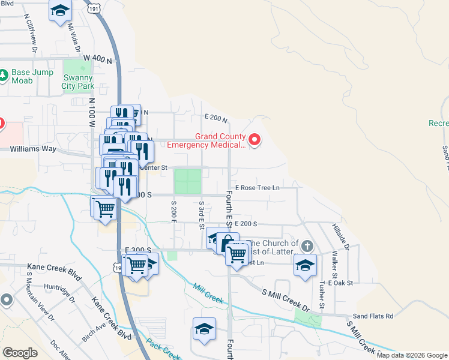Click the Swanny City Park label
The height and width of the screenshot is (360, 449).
tap(77, 82)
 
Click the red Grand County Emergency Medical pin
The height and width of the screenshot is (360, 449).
tap(255, 140)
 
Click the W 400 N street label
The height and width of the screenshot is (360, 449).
tap(98, 59)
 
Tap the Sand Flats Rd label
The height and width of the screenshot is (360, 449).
tap(372, 316)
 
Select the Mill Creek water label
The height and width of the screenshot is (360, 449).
tap(208, 293)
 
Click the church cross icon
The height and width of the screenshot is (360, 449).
tap(307, 246)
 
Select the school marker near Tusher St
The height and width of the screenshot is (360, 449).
tap(305, 265)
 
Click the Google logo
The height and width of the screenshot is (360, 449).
tap(20, 353)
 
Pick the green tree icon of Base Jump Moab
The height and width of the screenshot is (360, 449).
tap(4, 76)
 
